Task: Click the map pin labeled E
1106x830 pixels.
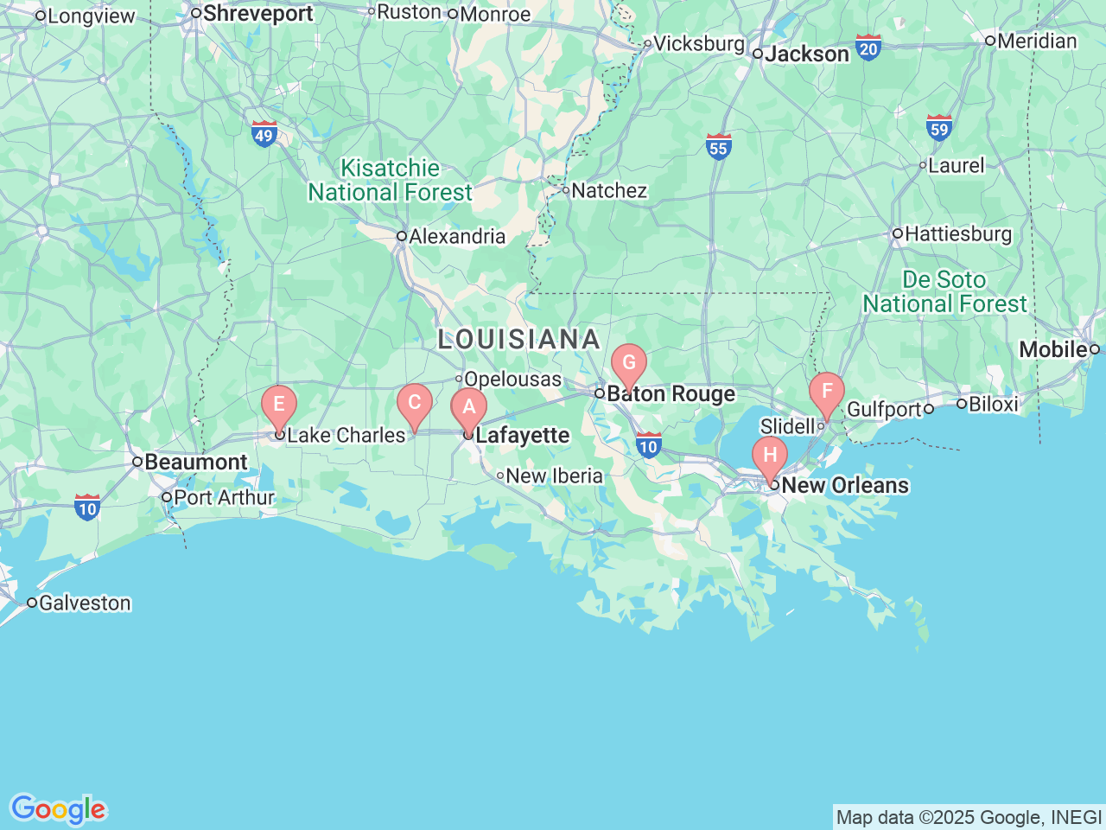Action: [279, 405]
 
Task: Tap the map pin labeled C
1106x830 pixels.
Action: [415, 403]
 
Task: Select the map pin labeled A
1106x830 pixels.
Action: [469, 408]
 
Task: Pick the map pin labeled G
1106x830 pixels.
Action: [629, 364]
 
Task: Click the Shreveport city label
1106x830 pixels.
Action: [257, 14]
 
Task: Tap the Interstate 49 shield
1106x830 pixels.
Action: [264, 134]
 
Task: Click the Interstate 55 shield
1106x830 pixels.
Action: [718, 146]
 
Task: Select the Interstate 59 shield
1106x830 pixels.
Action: [938, 128]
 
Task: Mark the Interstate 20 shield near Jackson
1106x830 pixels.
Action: [868, 47]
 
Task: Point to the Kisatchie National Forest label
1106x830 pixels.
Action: [391, 180]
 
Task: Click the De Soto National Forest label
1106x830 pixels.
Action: [944, 292]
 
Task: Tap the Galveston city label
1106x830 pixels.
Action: [85, 603]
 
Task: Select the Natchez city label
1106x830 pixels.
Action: [608, 190]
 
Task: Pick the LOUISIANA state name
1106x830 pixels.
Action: [518, 339]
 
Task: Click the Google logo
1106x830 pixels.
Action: [58, 810]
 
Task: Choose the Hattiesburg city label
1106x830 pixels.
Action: [957, 233]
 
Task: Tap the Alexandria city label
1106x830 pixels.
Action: [456, 236]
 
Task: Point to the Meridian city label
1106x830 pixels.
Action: [1037, 41]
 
